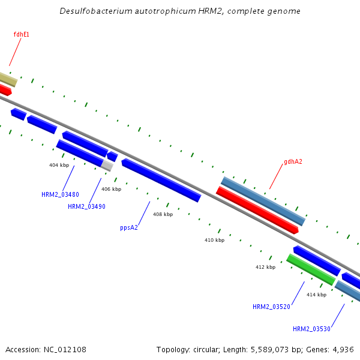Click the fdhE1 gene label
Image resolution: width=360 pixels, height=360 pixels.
pos(21,35)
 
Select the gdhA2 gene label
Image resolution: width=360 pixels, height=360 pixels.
pos(293,161)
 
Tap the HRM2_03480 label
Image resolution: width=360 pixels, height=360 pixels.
pos(60,194)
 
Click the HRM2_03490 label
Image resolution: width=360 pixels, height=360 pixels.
pos(86,206)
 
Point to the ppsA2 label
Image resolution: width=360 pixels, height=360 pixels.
pos(129,227)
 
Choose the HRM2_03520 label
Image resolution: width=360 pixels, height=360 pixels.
pos(271,307)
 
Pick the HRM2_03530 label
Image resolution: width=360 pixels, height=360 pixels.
pos(311,329)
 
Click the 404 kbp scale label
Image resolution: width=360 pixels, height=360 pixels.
pos(59,164)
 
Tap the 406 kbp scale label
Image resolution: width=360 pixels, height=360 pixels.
pos(111,189)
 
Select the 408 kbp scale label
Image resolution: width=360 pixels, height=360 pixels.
pos(163,214)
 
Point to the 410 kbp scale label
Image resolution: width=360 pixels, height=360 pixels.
pos(214,240)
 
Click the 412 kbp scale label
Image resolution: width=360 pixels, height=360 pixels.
pos(265,267)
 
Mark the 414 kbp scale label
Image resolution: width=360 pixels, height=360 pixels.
pos(316,295)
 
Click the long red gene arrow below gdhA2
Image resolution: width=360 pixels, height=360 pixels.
pos(257,210)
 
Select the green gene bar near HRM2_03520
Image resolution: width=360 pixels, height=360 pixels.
pos(310,269)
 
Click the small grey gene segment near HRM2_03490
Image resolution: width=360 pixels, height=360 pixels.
pos(107,165)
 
